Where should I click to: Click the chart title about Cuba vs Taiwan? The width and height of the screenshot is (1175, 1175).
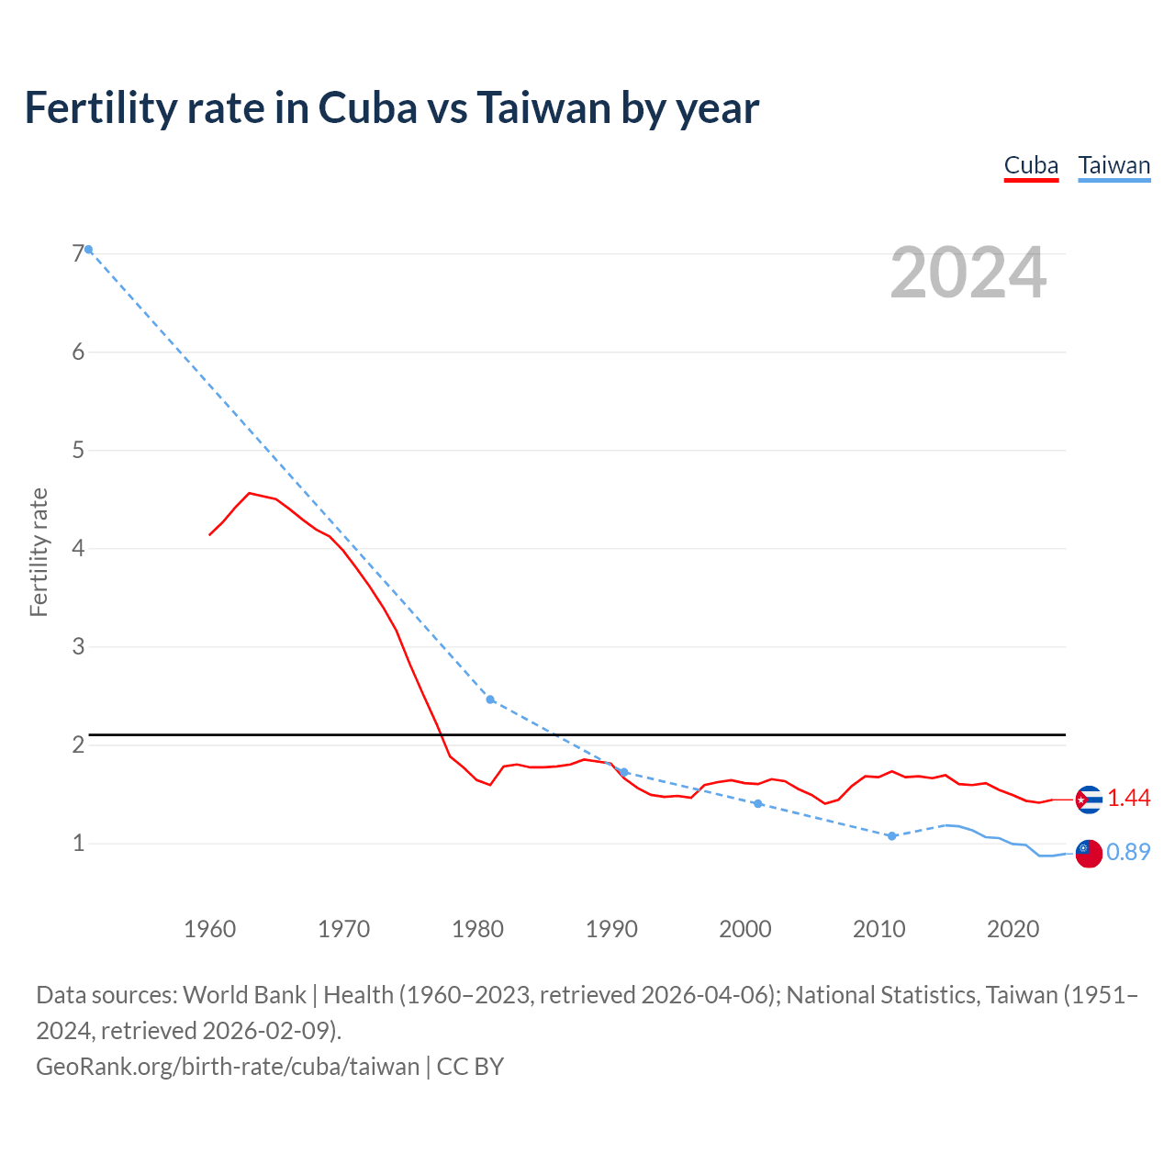(391, 108)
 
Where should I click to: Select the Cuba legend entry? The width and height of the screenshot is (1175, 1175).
(1031, 165)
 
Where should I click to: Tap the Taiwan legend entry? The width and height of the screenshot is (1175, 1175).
(1113, 165)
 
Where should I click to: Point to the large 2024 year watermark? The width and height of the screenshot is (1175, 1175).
(968, 273)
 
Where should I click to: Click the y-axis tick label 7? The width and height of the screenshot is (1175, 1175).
(78, 254)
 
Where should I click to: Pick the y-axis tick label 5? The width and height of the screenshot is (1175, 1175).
(78, 451)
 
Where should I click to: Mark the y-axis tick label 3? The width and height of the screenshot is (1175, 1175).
(78, 646)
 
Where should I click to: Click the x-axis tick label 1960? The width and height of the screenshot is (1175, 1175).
(209, 929)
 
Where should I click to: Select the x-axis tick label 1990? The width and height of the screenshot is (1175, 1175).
(611, 929)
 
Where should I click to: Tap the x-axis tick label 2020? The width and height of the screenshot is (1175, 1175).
(1013, 929)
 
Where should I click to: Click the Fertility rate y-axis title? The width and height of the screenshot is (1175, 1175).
(39, 553)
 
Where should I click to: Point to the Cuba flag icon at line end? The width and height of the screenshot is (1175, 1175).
(1089, 800)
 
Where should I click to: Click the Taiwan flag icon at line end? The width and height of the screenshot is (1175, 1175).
(1089, 853)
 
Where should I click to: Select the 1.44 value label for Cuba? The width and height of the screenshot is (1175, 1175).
(1128, 799)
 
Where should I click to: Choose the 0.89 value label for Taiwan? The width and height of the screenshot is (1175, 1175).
(1128, 853)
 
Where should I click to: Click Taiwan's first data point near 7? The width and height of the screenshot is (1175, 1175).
(89, 250)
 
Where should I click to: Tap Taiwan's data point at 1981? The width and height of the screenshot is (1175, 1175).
(490, 699)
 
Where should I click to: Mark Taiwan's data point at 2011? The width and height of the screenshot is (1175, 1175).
(891, 836)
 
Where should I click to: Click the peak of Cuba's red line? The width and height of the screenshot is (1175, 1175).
(250, 494)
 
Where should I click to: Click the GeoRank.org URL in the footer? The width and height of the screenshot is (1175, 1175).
(228, 1067)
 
